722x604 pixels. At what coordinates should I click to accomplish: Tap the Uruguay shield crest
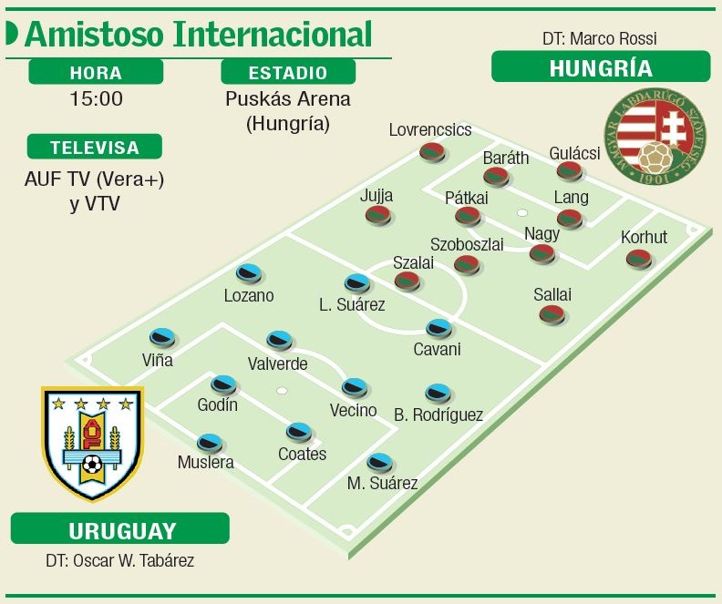tap(92, 443)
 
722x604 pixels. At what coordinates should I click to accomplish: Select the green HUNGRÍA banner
tap(600, 67)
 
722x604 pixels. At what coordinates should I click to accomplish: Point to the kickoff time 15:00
tap(96, 98)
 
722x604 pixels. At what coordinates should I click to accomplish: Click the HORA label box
tap(96, 72)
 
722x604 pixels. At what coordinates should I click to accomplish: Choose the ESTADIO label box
tap(288, 72)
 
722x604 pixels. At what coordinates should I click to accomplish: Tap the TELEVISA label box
tap(95, 147)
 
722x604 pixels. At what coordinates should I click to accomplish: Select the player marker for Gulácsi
tap(567, 170)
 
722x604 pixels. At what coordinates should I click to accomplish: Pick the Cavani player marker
tap(438, 328)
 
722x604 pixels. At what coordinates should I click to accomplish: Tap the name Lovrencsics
tap(430, 129)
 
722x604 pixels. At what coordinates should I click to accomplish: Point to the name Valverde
tap(277, 363)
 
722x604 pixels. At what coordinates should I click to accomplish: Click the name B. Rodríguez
tap(438, 415)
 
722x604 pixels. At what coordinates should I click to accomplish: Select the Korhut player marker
tap(638, 259)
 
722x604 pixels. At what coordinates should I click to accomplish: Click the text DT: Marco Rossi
tap(599, 38)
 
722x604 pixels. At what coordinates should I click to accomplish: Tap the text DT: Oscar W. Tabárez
tap(120, 560)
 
